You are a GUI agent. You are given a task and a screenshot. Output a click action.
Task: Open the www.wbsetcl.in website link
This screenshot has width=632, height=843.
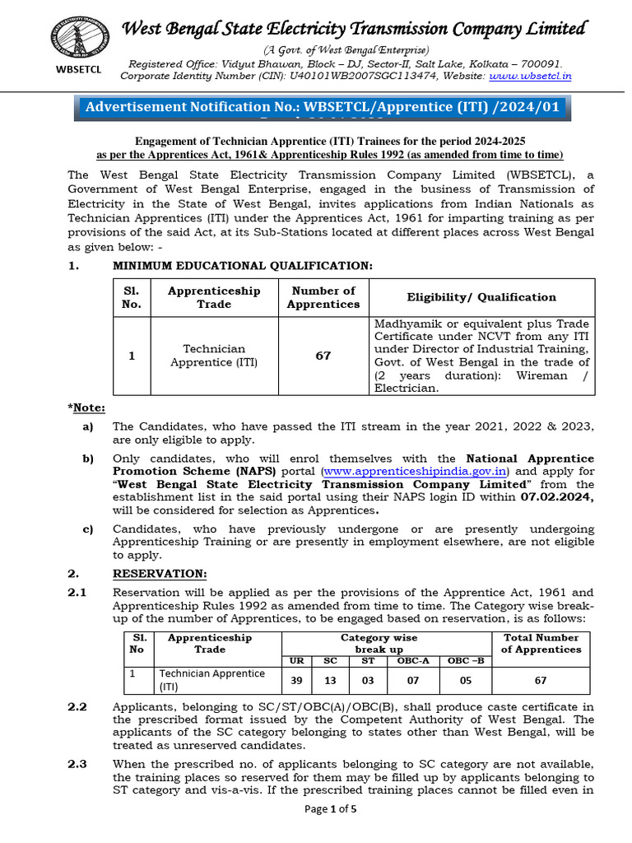530,76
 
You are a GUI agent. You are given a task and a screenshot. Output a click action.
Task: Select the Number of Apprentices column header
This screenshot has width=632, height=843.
323,297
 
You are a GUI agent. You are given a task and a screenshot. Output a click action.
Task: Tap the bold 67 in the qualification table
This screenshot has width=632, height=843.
323,356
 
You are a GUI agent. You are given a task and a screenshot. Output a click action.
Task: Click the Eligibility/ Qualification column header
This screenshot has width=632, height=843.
481,297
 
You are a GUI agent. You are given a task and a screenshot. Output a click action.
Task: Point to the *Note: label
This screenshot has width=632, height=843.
86,408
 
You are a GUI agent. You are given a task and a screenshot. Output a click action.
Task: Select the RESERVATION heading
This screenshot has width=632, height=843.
160,573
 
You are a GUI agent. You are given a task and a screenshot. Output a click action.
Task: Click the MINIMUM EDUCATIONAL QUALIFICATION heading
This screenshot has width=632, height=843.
242,265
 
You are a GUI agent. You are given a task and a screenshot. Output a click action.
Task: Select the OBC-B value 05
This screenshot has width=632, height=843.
465,680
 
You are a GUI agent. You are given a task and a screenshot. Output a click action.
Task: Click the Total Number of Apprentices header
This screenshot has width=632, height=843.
541,643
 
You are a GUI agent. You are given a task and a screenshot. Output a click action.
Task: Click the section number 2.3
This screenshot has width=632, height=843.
77,764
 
